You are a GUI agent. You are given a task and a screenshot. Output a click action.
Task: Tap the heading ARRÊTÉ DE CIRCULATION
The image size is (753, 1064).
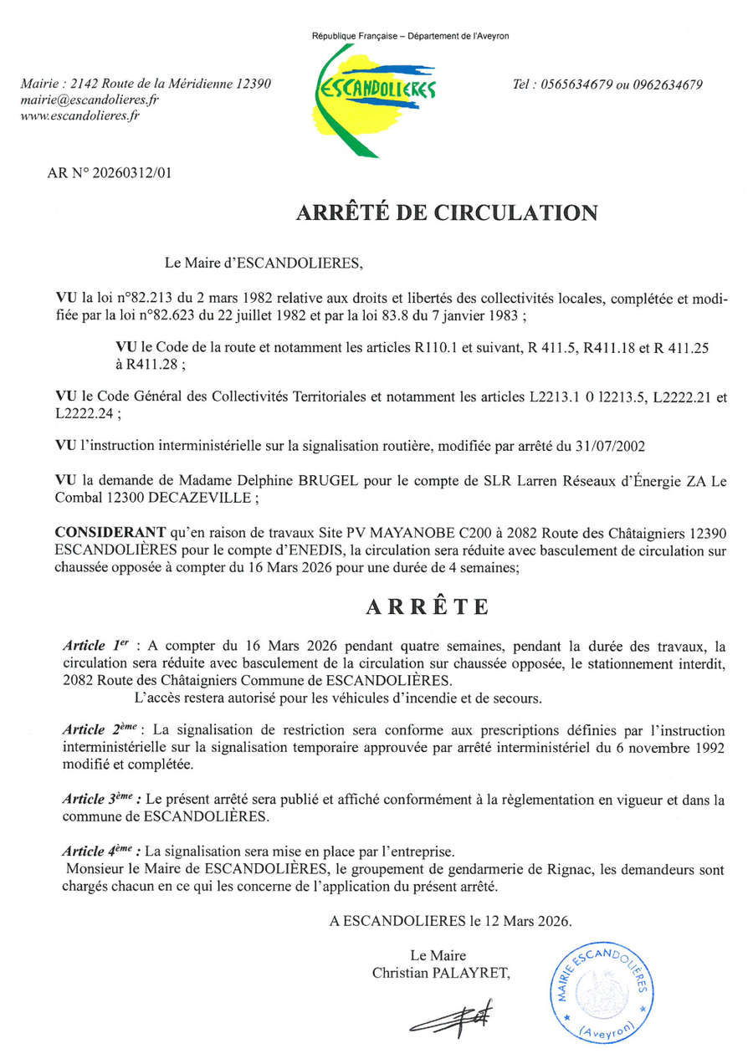(x=447, y=212)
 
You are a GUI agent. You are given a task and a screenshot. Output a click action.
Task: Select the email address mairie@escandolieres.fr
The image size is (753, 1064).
(x=90, y=100)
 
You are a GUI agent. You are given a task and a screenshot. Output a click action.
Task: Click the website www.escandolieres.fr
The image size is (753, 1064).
(x=79, y=115)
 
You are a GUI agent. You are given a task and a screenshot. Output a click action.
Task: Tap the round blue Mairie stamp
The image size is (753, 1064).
(x=598, y=990)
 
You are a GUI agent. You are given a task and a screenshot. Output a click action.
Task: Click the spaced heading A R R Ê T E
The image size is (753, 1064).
(x=427, y=607)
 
